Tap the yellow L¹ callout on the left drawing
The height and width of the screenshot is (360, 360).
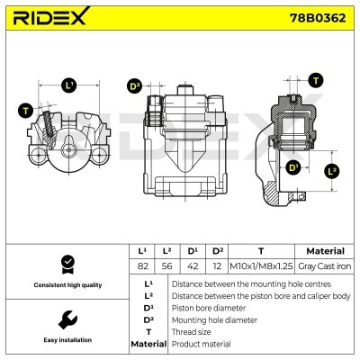click(69, 85)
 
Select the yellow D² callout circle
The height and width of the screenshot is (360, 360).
click(136, 86)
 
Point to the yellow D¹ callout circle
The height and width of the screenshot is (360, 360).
click(292, 167)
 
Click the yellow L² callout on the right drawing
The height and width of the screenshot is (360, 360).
click(332, 170)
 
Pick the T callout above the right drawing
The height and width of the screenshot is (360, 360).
click(316, 80)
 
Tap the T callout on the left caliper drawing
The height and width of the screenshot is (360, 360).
click(25, 111)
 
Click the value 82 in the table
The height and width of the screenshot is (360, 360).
click(142, 265)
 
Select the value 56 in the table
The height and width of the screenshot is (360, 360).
click(168, 265)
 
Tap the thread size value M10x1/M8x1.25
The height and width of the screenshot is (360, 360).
click(260, 265)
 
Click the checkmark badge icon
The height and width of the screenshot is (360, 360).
click(65, 264)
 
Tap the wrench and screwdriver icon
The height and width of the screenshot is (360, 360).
click(65, 319)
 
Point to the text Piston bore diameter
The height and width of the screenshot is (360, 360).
click(208, 306)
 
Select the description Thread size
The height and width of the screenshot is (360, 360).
click(192, 330)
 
